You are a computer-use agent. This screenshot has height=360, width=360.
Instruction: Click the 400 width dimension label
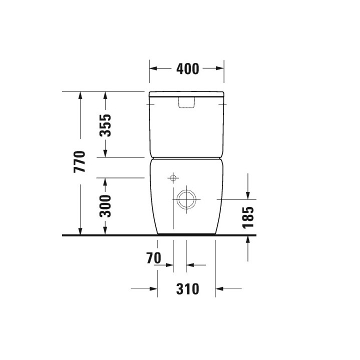(187, 69)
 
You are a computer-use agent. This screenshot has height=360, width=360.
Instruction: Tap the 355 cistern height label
(105, 125)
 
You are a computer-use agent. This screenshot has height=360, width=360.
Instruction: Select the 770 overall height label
(80, 161)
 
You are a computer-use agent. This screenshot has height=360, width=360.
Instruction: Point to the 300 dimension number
(105, 206)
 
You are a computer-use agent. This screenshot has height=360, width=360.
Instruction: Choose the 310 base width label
(186, 289)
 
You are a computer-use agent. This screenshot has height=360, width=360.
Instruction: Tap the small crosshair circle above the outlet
(173, 177)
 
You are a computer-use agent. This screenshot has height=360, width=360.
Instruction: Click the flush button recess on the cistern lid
(186, 102)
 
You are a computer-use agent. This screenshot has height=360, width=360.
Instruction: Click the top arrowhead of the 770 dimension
(80, 95)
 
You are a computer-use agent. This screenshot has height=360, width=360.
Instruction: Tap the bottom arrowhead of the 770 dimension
(80, 230)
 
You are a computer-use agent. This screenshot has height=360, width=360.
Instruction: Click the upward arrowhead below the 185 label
(248, 239)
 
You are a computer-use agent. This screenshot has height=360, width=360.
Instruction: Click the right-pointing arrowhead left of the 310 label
(153, 289)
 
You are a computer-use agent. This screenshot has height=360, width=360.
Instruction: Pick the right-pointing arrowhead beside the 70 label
(169, 265)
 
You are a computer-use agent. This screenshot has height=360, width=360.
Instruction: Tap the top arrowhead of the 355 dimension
(105, 95)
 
